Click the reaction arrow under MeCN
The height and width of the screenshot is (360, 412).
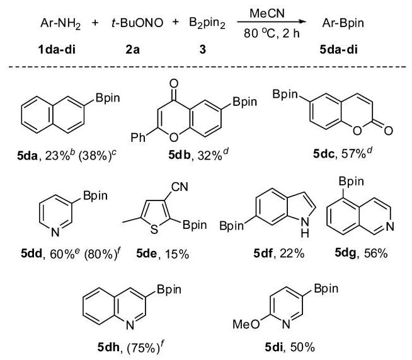click(272, 22)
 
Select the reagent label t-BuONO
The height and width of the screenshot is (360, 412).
click(137, 23)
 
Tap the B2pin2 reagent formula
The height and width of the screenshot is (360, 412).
click(207, 23)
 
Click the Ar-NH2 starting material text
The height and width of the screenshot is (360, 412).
click(60, 24)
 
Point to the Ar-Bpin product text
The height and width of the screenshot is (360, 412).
click(343, 23)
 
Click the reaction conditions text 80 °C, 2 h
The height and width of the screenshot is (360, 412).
click(272, 33)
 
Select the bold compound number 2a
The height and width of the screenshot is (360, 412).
click(132, 49)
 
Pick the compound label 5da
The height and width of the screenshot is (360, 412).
click(27, 156)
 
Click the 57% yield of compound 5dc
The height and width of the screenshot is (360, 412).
click(353, 154)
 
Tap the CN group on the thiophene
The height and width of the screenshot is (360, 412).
click(180, 187)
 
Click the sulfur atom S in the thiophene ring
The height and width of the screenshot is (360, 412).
click(154, 229)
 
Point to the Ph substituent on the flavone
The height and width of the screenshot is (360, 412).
click(138, 137)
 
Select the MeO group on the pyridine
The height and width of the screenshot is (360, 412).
click(246, 324)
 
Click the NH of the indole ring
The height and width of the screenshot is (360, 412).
click(305, 228)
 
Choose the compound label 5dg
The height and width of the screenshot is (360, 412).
click(345, 253)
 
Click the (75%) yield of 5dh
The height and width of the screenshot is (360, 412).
click(143, 348)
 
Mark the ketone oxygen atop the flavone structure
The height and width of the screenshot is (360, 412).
click(174, 84)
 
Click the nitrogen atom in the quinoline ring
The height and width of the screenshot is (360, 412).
click(130, 325)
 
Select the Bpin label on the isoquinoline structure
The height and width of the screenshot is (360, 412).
click(351, 182)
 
